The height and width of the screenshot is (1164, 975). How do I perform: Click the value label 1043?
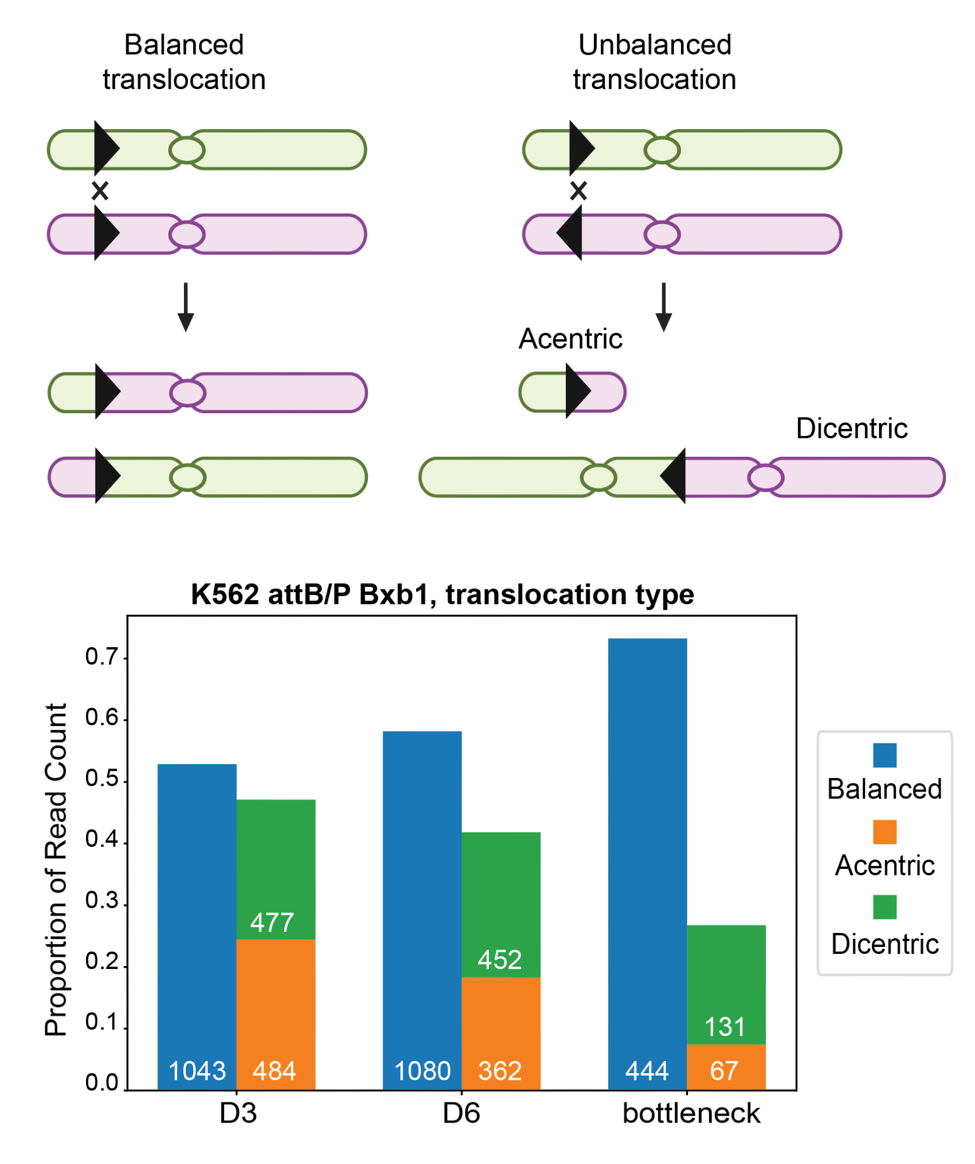[197, 1071]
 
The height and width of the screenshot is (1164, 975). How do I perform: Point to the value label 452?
[499, 960]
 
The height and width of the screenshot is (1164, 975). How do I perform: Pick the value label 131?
[725, 1027]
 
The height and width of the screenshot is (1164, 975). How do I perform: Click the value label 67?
[724, 1071]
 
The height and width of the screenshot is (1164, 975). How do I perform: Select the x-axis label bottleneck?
[691, 1113]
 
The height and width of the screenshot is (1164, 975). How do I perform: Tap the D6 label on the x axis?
[461, 1113]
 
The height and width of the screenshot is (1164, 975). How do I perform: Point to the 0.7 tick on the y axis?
[101, 657]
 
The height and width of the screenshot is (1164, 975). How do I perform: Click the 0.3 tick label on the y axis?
[101, 901]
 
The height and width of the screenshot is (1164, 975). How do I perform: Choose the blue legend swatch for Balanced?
[884, 755]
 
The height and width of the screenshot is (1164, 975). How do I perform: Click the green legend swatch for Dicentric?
[884, 907]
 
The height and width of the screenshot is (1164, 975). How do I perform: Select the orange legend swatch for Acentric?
[884, 832]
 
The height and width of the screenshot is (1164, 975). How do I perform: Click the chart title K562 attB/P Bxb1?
[442, 594]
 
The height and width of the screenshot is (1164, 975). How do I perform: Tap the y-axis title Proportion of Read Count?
[56, 870]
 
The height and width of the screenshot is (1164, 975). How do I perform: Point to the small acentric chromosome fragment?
[572, 392]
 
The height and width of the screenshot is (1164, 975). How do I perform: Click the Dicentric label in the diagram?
[851, 428]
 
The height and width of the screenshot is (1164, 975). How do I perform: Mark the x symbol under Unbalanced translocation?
[578, 191]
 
